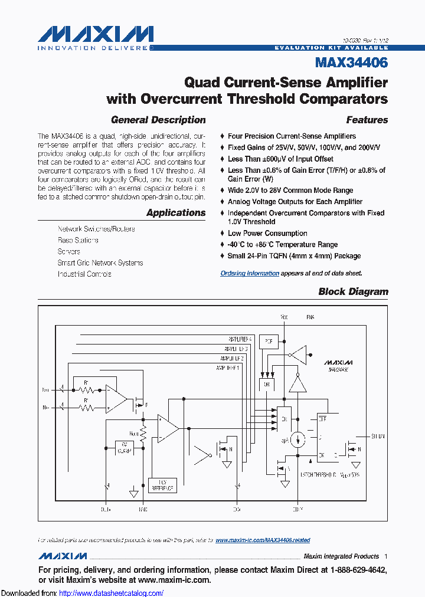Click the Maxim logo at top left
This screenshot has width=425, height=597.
click(95, 35)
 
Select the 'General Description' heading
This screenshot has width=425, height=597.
click(158, 120)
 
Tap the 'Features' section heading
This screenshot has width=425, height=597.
click(367, 120)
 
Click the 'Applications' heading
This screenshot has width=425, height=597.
click(176, 212)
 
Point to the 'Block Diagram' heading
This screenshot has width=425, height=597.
click(353, 291)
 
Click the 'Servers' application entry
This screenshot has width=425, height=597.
click(69, 251)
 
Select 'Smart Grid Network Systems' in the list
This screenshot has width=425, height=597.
click(100, 263)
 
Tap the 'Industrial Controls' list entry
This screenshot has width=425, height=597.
click(84, 274)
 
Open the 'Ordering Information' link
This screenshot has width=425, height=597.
click(250, 273)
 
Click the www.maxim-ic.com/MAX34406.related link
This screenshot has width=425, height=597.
click(263, 540)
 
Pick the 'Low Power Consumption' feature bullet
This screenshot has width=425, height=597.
click(267, 233)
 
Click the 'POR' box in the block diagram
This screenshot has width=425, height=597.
click(269, 342)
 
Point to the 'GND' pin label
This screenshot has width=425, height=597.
click(143, 509)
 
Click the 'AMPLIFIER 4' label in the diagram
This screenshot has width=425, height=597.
click(240, 339)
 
